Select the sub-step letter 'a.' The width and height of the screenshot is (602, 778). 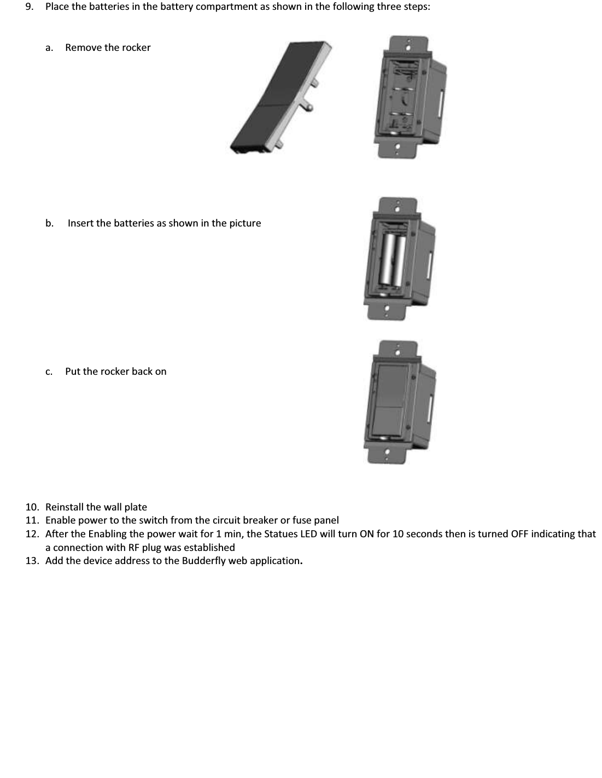pos(49,48)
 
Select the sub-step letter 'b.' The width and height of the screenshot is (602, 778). pos(50,223)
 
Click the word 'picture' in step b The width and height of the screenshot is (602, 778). pos(245,223)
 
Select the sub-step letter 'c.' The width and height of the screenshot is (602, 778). pos(49,371)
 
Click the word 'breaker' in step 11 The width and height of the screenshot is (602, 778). pos(260,520)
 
